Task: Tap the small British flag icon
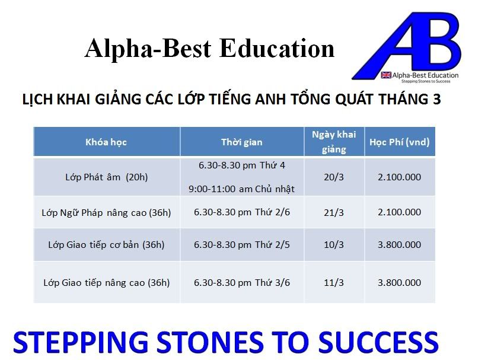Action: coord(386,75)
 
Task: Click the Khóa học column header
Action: coord(106,142)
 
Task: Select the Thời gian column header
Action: coord(242,142)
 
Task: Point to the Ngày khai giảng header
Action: coord(334,142)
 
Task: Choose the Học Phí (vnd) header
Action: coord(399,142)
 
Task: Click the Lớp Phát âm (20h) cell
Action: coord(107,177)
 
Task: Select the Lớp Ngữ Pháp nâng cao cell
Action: coord(106,213)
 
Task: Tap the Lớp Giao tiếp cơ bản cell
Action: coord(106,245)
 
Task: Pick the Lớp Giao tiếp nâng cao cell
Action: coord(107,283)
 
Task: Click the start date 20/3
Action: coord(334,177)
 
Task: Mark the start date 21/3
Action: coord(334,213)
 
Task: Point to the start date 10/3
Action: coord(334,245)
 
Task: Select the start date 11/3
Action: coord(334,283)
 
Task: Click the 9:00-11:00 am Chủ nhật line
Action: coord(241,189)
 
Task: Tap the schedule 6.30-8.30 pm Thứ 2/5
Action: coord(242,245)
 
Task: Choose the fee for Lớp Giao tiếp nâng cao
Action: coord(399,283)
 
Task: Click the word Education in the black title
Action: coord(277,49)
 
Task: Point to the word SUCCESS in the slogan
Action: coord(379,342)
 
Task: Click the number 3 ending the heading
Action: coord(436,100)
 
